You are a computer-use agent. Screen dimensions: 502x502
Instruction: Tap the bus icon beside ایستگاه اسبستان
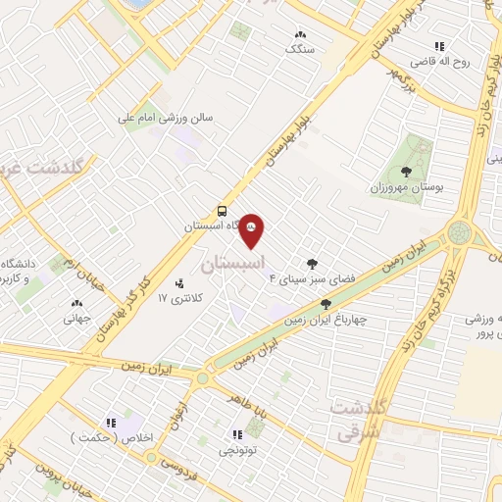point(223,210)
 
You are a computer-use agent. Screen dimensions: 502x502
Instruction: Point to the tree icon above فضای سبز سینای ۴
point(312,263)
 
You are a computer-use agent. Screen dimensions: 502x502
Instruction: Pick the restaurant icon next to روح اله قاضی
point(438,45)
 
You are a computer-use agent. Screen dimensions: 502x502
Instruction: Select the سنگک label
point(300,47)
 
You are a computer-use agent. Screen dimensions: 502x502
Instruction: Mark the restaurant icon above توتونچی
point(236,434)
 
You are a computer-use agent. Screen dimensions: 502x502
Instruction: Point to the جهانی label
point(76,318)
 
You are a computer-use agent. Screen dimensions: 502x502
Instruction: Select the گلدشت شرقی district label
point(357,419)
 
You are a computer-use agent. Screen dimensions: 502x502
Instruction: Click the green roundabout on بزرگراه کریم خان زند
point(457,233)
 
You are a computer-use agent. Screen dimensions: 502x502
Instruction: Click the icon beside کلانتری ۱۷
point(178,284)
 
